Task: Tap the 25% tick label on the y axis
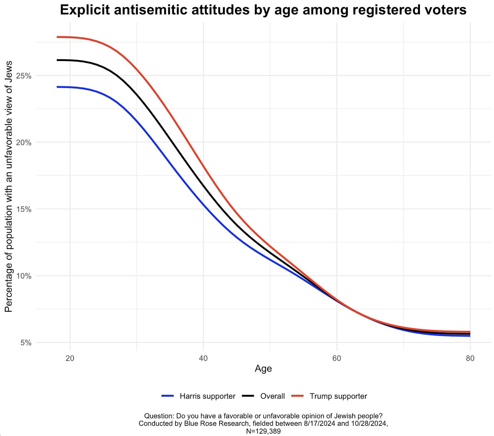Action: (24, 76)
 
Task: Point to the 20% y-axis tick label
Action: (24, 142)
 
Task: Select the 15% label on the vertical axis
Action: (24, 209)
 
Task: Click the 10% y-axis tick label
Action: (24, 276)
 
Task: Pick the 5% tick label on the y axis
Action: (26, 343)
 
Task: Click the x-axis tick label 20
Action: (70, 358)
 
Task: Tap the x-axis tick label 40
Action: (203, 358)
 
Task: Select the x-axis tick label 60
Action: (337, 358)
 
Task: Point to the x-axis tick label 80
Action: (470, 358)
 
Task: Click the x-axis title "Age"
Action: (263, 369)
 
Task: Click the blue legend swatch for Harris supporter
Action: (168, 396)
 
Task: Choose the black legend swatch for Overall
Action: (248, 396)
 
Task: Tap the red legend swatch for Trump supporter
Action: (298, 396)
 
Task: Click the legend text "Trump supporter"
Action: (338, 396)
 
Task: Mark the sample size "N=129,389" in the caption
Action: (263, 431)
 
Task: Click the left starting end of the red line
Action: (57, 37)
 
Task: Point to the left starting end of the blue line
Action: (57, 87)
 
